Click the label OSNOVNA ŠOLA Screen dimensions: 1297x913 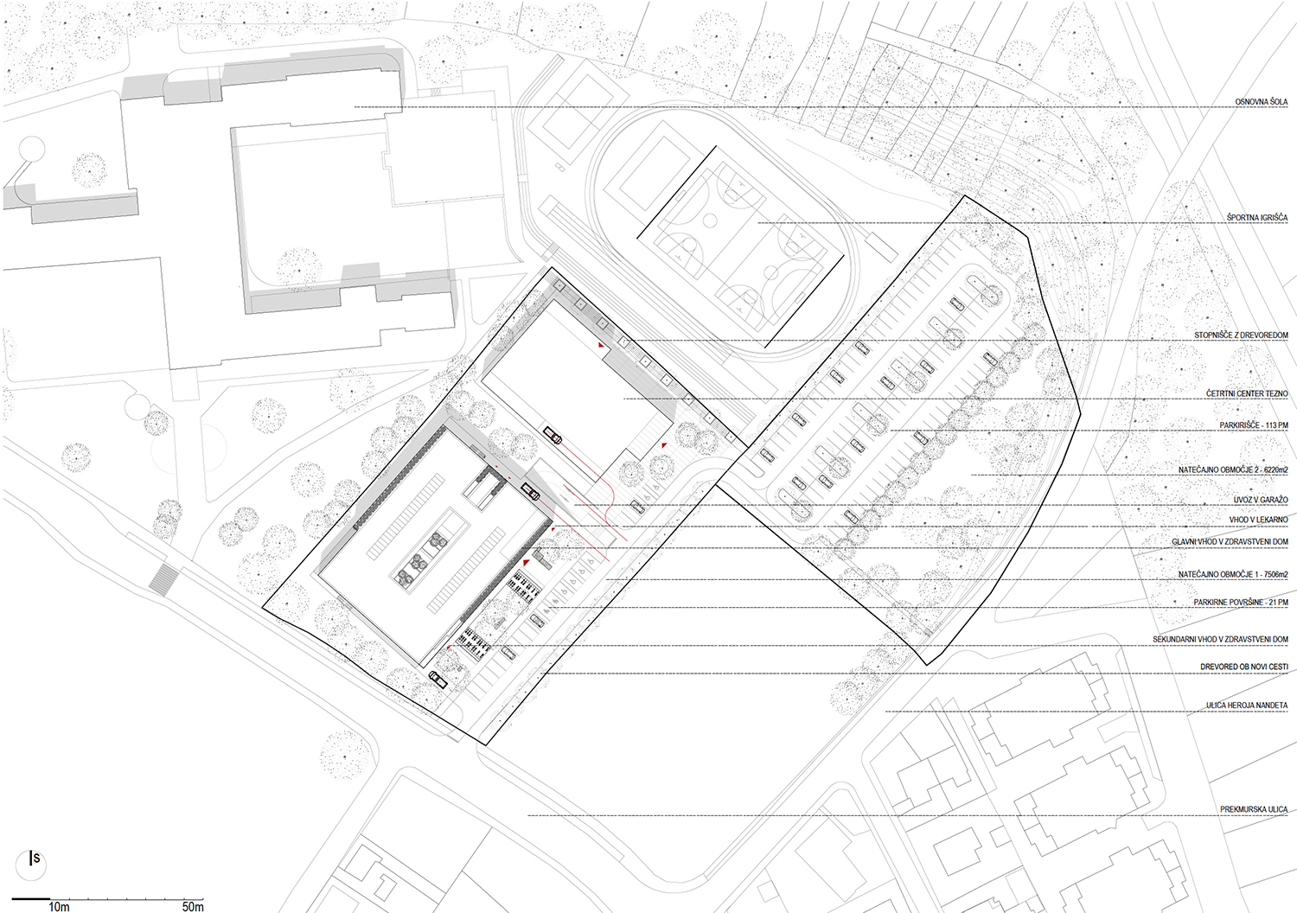[x=1261, y=102]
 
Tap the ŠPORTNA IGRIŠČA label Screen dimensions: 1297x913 [x=1257, y=218]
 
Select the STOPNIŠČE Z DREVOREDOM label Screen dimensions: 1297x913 [x=1241, y=335]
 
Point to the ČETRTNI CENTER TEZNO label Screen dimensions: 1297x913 [x=1247, y=393]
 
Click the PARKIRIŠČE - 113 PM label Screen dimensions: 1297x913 [x=1254, y=425]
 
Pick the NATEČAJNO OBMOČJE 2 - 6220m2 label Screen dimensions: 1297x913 [x=1233, y=470]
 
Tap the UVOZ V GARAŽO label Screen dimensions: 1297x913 [x=1261, y=500]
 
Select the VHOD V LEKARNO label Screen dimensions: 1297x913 [x=1259, y=520]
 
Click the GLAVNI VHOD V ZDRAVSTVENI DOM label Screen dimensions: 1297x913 [x=1230, y=542]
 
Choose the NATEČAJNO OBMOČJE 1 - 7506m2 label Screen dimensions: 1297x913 [x=1233, y=574]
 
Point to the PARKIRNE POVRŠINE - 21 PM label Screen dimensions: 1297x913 [x=1241, y=603]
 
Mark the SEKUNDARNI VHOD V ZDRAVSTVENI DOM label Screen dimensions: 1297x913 [x=1221, y=640]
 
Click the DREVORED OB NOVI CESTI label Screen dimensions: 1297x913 [x=1244, y=667]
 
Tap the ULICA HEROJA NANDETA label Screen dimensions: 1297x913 [x=1247, y=705]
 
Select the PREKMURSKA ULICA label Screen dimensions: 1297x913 [x=1254, y=809]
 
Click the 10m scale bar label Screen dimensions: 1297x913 [x=59, y=907]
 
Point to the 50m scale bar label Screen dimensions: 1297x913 [x=193, y=907]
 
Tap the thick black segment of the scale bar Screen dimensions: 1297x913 [x=30, y=899]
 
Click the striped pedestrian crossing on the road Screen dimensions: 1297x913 [x=164, y=579]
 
